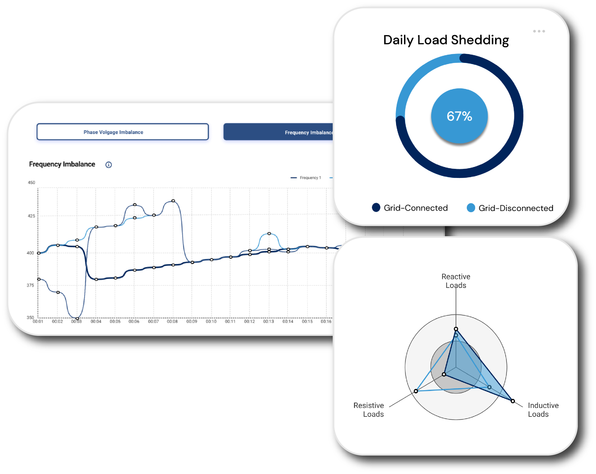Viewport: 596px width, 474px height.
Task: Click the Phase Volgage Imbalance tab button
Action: (x=122, y=132)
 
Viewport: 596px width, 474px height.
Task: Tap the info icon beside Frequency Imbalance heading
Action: (x=109, y=165)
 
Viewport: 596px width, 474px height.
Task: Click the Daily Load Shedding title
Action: (x=446, y=40)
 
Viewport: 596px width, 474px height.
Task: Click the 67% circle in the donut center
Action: (x=459, y=116)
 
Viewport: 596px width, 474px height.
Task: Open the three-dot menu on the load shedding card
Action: (x=539, y=31)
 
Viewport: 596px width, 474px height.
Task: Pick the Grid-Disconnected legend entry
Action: (x=510, y=208)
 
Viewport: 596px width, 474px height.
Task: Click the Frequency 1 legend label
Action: (x=310, y=178)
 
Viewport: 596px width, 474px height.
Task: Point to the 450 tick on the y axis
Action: (x=31, y=183)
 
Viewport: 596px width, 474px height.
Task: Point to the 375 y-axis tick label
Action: (x=31, y=285)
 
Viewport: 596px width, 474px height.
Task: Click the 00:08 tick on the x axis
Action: (x=172, y=322)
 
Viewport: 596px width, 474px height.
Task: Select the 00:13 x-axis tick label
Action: (x=268, y=322)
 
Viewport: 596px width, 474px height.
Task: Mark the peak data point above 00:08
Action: (x=173, y=201)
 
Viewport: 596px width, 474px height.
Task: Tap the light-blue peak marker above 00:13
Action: (x=269, y=234)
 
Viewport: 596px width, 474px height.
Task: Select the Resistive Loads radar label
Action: (x=369, y=410)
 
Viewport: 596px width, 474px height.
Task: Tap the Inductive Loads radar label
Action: (x=543, y=410)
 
